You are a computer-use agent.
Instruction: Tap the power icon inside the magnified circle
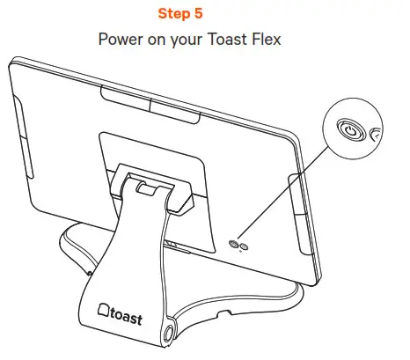(x=350, y=131)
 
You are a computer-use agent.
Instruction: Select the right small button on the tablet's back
(x=244, y=246)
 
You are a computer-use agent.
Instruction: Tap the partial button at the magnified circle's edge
(x=375, y=134)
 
